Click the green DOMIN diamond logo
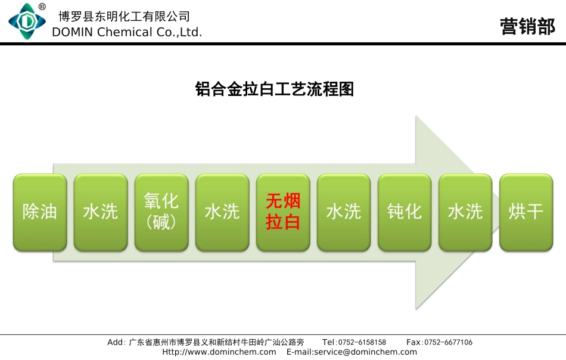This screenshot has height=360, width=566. point(26,22)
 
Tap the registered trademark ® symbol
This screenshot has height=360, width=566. point(42,7)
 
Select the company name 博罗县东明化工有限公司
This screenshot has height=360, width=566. point(125,16)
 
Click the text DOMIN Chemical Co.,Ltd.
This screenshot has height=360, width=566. point(127,32)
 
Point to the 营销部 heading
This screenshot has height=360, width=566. point(527,27)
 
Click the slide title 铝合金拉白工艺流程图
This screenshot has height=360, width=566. point(275,89)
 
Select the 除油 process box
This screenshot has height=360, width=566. point(40,212)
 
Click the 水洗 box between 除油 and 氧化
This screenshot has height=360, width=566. point(101,212)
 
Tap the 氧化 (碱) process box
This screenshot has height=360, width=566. point(161,212)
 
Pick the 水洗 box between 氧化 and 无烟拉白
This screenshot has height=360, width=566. point(222,212)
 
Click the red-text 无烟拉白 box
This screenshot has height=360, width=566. point(283,212)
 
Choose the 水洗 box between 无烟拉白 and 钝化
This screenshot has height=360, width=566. point(344,212)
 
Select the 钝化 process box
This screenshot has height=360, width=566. point(405,212)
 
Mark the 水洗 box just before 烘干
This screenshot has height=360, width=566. point(465,212)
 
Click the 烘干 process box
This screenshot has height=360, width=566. point(526,212)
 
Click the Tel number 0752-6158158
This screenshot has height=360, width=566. point(362,343)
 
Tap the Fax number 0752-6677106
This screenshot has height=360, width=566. point(447,343)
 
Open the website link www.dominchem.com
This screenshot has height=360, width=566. point(219,352)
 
